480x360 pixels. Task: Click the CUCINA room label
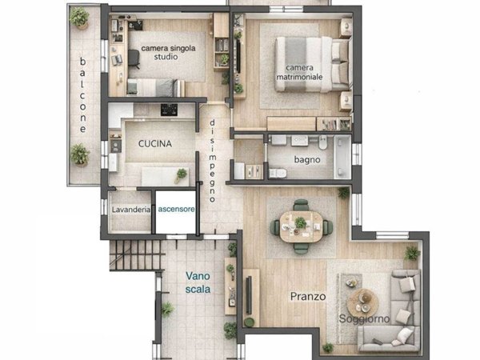(155, 143)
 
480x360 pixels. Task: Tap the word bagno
(307, 159)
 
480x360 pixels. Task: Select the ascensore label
(176, 210)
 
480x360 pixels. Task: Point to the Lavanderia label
(131, 210)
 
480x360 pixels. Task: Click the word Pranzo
(308, 296)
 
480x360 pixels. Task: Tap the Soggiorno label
(364, 319)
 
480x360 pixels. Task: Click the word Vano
(198, 276)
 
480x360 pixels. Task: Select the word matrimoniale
(299, 77)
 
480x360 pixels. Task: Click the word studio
(166, 57)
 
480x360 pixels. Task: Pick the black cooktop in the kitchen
(169, 110)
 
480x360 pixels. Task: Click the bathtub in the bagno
(342, 157)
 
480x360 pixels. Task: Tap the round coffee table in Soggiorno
(363, 303)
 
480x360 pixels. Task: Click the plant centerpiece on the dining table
(300, 222)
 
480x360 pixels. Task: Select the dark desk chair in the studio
(134, 58)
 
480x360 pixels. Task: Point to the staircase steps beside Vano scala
(137, 255)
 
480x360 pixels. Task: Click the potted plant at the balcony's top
(79, 18)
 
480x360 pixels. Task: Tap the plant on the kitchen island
(181, 175)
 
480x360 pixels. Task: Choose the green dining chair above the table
(301, 205)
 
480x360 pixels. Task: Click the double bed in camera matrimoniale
(312, 64)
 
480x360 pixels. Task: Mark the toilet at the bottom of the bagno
(278, 173)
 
